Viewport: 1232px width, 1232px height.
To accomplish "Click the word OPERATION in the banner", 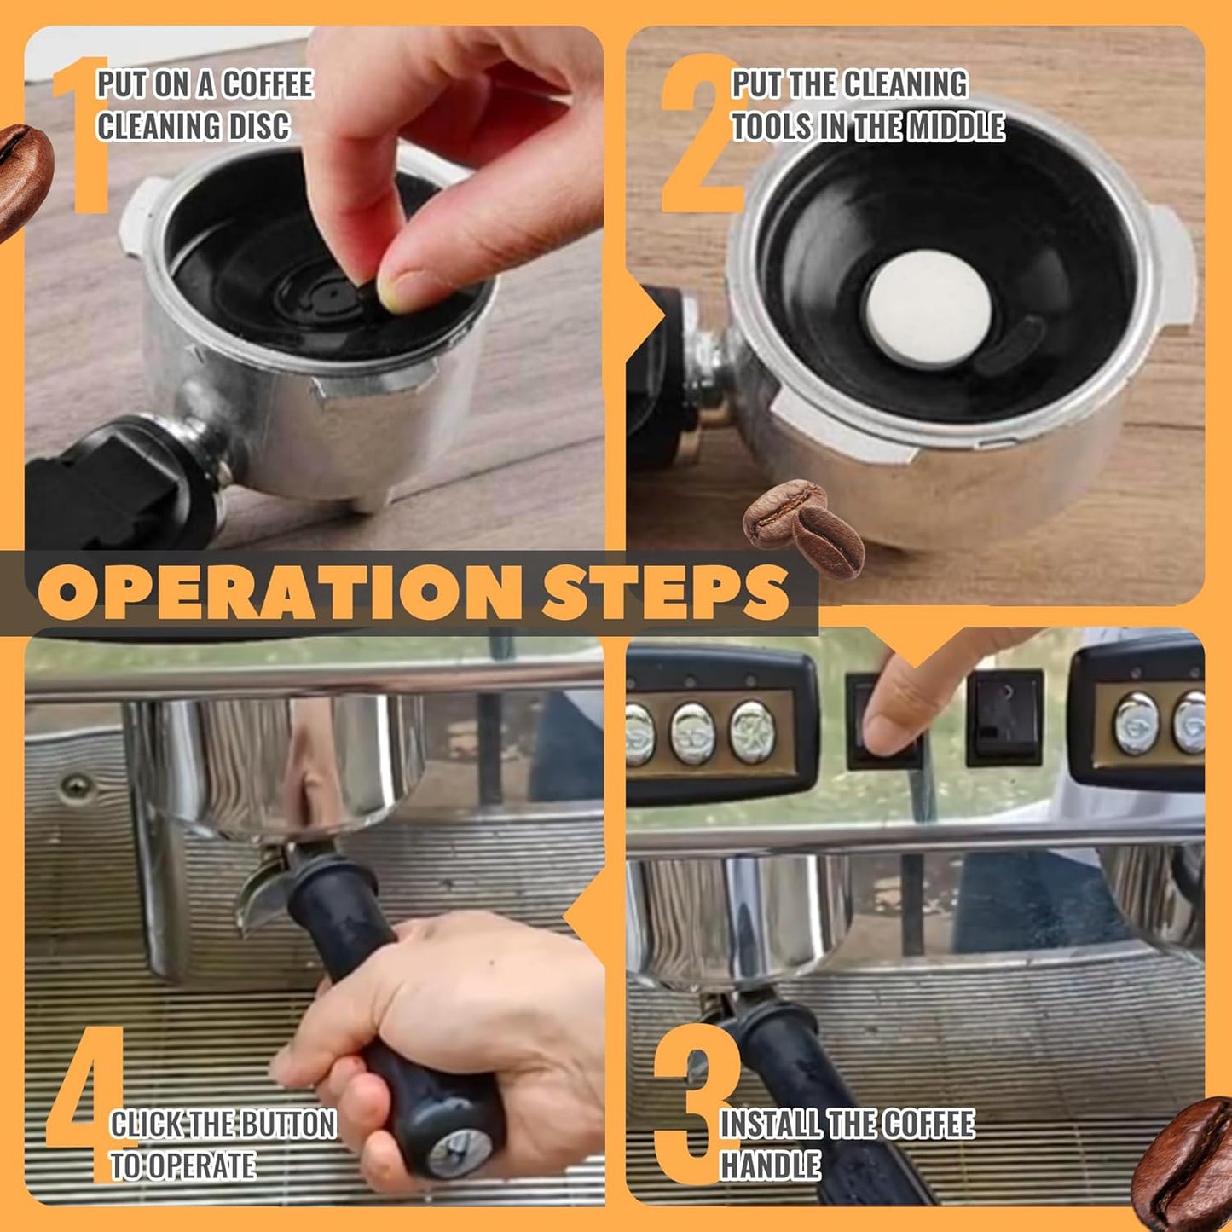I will tap(277, 591).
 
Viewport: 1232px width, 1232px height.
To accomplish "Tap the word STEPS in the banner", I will tap(665, 591).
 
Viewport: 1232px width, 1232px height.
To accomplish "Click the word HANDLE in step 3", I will tap(771, 1165).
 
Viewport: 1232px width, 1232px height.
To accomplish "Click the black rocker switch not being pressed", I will tap(1004, 716).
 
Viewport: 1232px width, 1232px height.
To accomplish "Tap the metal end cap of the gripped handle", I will tap(460, 1151).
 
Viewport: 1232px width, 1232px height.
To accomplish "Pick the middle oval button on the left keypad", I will tap(691, 732).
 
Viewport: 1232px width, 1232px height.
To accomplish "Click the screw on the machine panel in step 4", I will tap(77, 784).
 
